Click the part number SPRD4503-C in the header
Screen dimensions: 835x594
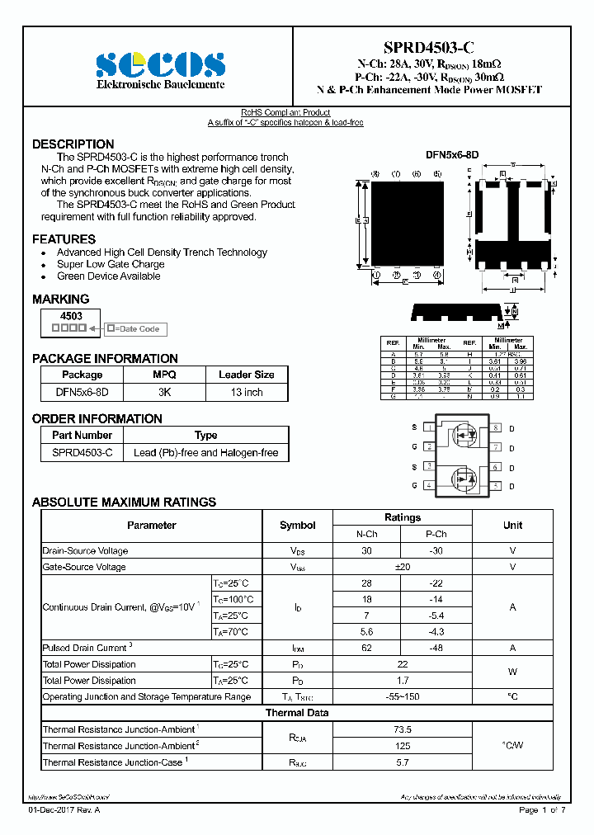[x=429, y=47]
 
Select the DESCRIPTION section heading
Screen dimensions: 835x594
[x=73, y=144]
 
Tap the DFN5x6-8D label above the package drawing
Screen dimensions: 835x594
[x=451, y=154]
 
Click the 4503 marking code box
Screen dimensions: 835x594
[x=71, y=316]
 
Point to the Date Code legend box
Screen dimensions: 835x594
[x=134, y=328]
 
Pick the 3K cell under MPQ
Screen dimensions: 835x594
[x=164, y=392]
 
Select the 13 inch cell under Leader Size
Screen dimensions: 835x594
[x=246, y=392]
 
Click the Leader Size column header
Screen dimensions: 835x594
[x=246, y=375]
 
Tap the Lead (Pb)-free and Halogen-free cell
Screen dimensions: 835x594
[x=205, y=452]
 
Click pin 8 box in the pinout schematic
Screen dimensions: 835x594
[x=496, y=427]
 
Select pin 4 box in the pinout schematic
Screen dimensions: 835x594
[x=428, y=485]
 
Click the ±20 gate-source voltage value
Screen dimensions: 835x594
[x=402, y=567]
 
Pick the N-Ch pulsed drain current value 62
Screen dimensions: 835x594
[x=366, y=648]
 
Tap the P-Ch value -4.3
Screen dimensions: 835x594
[x=436, y=631]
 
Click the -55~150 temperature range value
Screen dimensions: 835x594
[x=402, y=696]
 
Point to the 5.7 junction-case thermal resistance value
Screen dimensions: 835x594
[x=402, y=762]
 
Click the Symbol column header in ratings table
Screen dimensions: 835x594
[x=297, y=526]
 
